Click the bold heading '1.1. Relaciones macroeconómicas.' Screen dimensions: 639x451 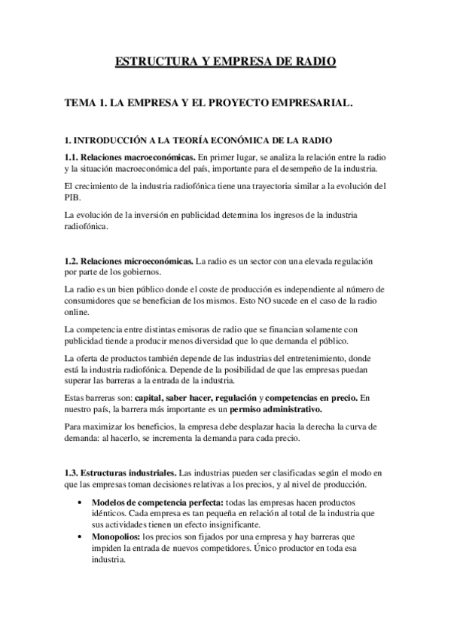click(x=130, y=156)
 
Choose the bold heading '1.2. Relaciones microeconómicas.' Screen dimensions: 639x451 click(x=129, y=261)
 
